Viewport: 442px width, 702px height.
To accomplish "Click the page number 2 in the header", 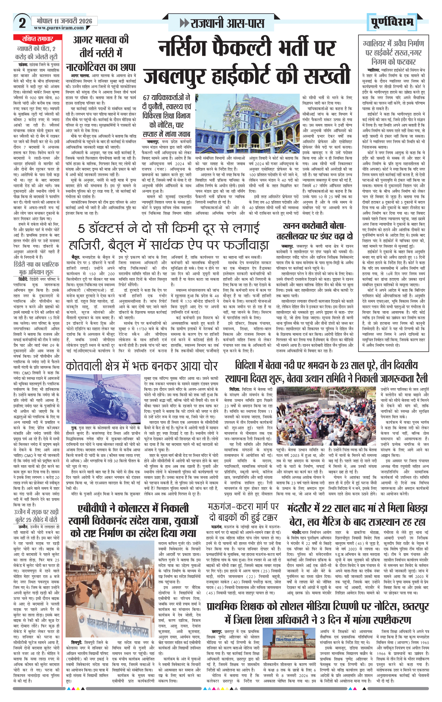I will [x=22, y=23].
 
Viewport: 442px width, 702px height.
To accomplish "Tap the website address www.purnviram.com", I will [x=59, y=28].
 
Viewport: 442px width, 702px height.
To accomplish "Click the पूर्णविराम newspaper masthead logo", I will [x=392, y=22].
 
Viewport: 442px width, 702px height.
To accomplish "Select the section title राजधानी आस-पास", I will [x=222, y=23].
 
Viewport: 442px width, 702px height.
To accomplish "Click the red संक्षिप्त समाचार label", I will [x=37, y=39].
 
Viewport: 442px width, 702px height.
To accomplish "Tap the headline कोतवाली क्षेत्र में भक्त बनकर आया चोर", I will [x=142, y=366].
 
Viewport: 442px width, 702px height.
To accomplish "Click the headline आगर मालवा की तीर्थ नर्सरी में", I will [x=101, y=46].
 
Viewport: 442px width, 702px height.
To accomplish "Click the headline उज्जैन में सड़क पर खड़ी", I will [x=36, y=516].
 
